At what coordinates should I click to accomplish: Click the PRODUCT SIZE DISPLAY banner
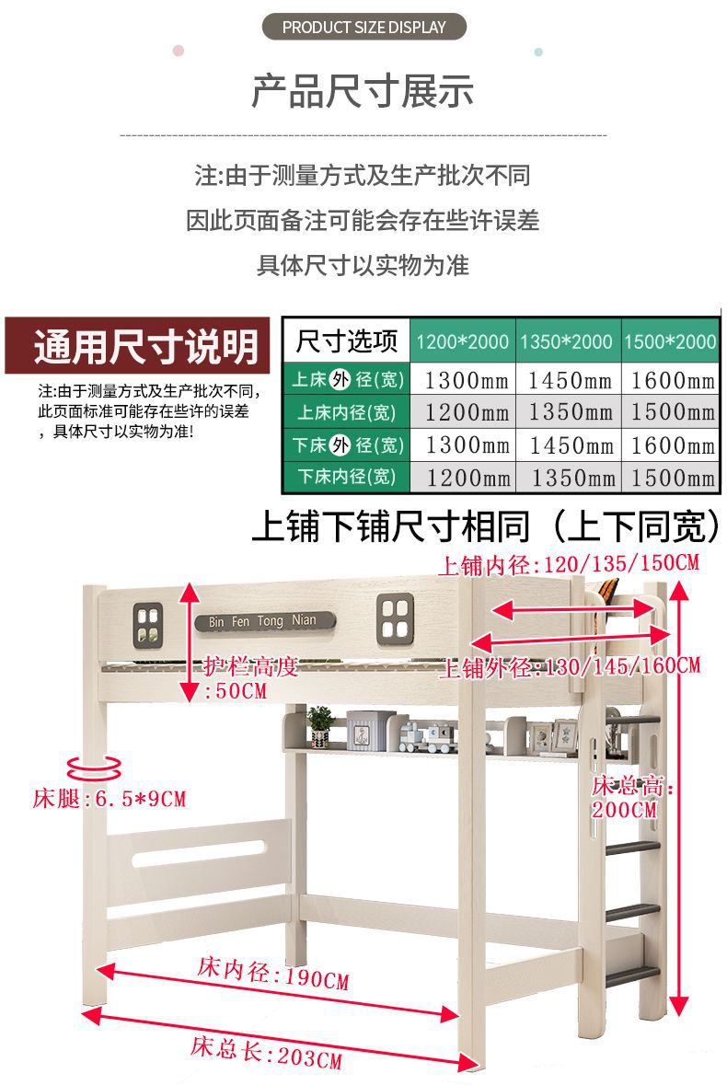pyautogui.click(x=363, y=27)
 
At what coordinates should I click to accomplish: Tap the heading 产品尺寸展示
pyautogui.click(x=363, y=91)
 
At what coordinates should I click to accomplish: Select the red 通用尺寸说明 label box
pyautogui.click(x=142, y=346)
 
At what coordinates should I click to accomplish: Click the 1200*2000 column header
pyautogui.click(x=462, y=342)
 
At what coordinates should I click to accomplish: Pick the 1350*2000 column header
pyautogui.click(x=567, y=342)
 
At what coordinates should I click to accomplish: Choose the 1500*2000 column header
pyautogui.click(x=670, y=342)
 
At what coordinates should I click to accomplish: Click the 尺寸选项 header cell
pyautogui.click(x=346, y=342)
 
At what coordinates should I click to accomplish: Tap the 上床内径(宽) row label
pyautogui.click(x=345, y=412)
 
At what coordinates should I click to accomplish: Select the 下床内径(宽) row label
pyautogui.click(x=345, y=477)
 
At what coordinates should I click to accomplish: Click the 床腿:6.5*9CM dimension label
pyautogui.click(x=109, y=799)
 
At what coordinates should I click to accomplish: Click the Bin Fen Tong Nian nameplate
pyautogui.click(x=261, y=620)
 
